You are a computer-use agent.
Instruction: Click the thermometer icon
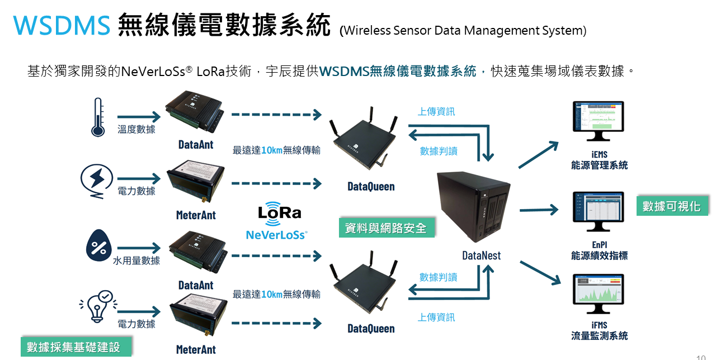tap(98, 117)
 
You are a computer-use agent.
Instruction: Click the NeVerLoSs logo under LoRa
tap(277, 235)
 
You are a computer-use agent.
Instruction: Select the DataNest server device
tap(473, 207)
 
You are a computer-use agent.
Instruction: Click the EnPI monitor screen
tap(597, 210)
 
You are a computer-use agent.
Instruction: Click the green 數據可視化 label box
tap(671, 206)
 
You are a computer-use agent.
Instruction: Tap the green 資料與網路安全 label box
tap(386, 228)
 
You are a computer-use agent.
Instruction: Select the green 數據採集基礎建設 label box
tap(73, 347)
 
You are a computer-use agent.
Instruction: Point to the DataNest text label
tap(481, 255)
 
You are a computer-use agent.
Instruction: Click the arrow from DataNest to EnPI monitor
tap(539, 210)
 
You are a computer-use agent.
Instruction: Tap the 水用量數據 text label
tap(136, 260)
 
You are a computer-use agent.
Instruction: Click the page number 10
tap(701, 357)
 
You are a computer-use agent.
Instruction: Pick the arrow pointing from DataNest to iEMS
tap(538, 155)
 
